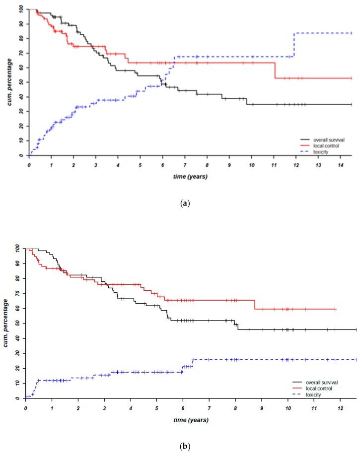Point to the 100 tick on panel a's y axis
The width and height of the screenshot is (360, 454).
click(x=20, y=9)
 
